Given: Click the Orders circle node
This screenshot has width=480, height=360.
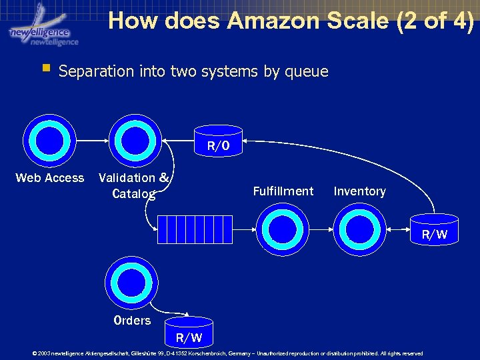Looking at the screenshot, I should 132,282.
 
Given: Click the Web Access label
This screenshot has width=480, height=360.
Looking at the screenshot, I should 50,178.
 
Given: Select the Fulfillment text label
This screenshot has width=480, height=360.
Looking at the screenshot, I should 283,191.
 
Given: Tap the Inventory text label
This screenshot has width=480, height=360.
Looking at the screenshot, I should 359,191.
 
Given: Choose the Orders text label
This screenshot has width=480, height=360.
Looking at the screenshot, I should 132,321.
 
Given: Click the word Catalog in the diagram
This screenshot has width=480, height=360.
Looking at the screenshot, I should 134,194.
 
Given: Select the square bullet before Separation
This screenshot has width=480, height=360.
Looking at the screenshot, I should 45,68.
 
